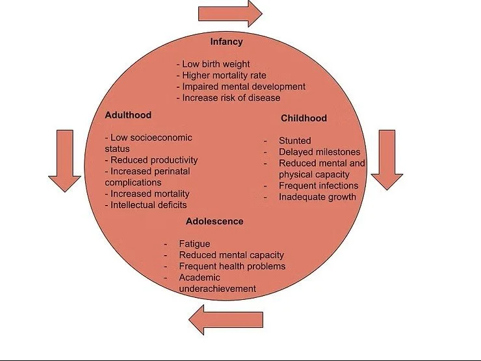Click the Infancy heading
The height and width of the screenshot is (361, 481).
226,42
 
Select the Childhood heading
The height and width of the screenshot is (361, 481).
304,118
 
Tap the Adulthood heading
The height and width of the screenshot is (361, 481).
128,115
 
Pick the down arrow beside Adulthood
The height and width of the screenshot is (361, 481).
64,161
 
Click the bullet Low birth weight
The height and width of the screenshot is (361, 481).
215,64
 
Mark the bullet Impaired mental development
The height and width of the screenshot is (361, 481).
244,87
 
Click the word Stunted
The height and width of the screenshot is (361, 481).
294,140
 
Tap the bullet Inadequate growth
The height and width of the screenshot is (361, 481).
317,196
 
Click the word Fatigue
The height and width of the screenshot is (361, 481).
194,244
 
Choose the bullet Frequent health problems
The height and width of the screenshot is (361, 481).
232,266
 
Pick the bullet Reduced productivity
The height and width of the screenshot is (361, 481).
154,160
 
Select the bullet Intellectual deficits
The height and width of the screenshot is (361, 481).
149,205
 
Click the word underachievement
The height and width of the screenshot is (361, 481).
217,288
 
